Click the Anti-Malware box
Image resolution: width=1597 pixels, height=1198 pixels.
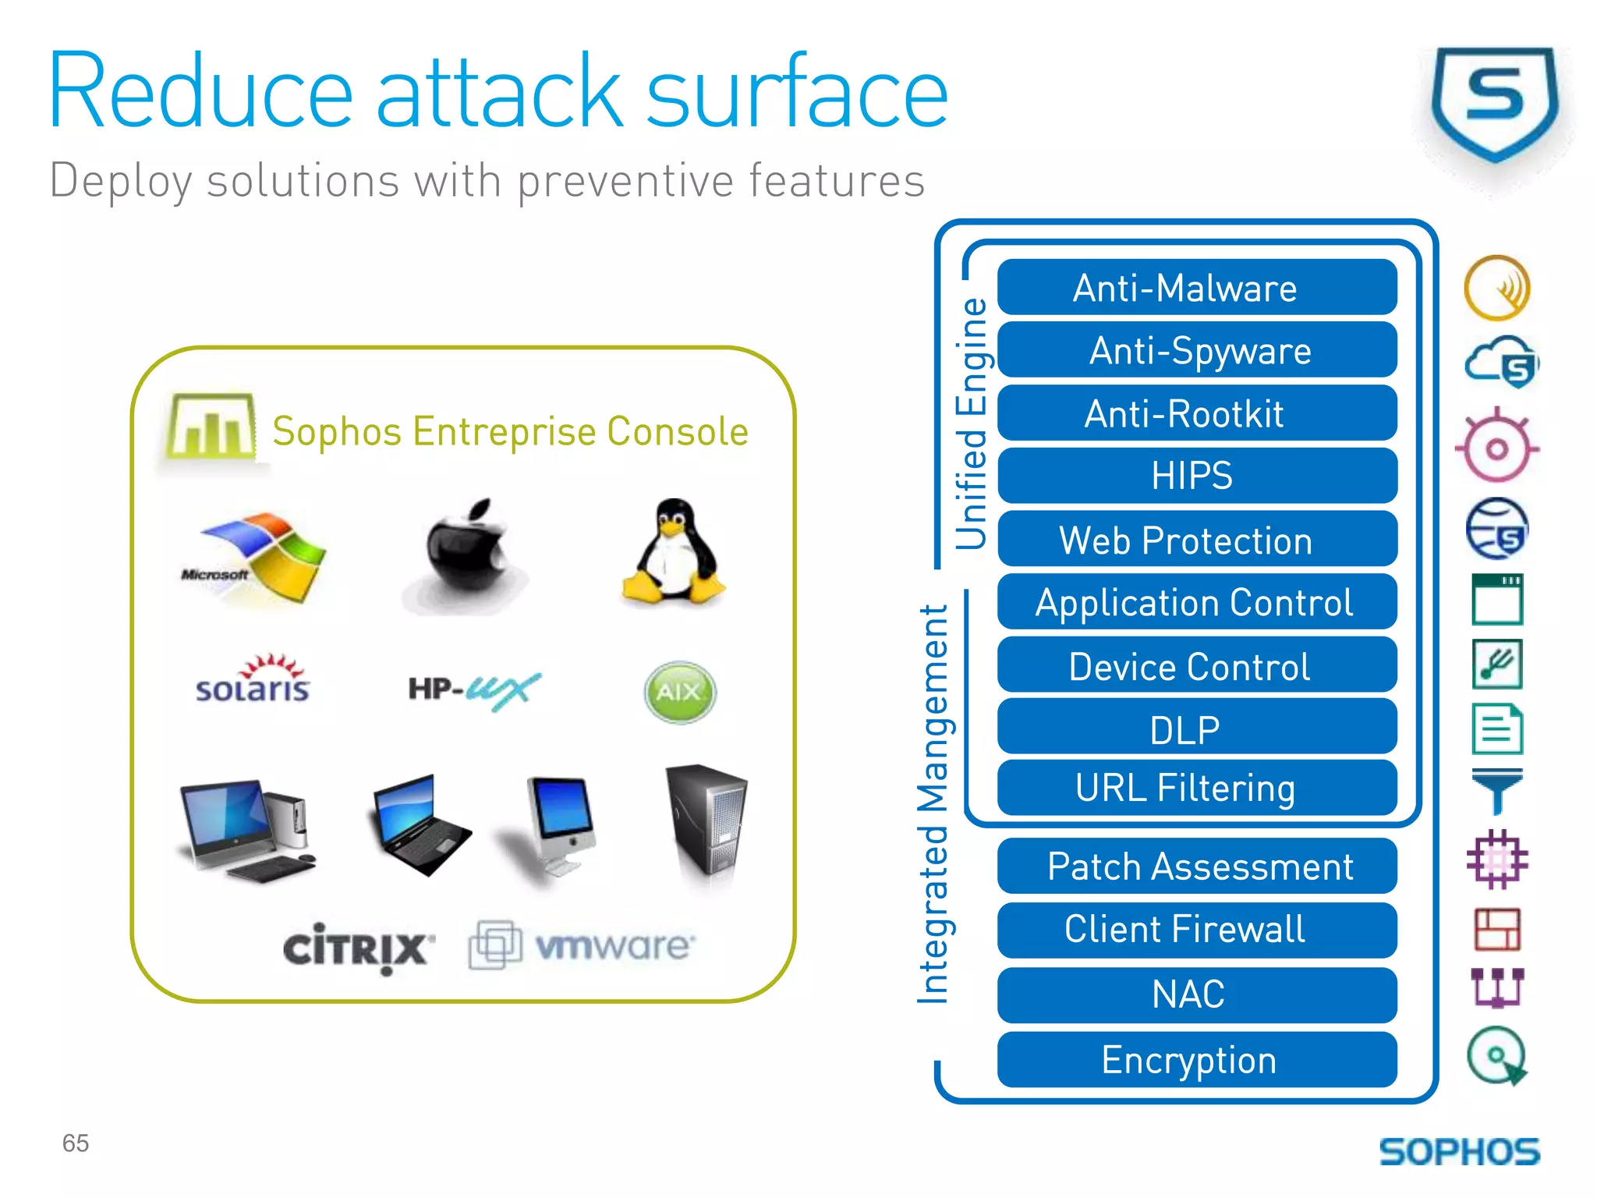pos(1196,288)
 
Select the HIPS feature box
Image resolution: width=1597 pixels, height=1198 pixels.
pos(1196,476)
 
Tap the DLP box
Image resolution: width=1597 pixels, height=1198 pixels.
pos(1196,728)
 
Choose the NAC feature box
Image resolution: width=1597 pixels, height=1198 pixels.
pos(1196,995)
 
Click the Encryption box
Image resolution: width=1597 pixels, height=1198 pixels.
pos(1196,1060)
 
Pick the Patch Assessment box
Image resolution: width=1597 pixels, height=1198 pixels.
pos(1196,867)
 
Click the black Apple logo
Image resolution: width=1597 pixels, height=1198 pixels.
pos(468,550)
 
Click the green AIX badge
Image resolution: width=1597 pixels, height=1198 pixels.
pos(679,692)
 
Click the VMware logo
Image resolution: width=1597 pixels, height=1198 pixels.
pos(581,945)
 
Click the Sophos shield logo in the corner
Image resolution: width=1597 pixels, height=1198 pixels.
pos(1494,105)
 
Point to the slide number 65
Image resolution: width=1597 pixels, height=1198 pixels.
pos(76,1143)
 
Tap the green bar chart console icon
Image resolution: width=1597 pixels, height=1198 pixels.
pos(211,427)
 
